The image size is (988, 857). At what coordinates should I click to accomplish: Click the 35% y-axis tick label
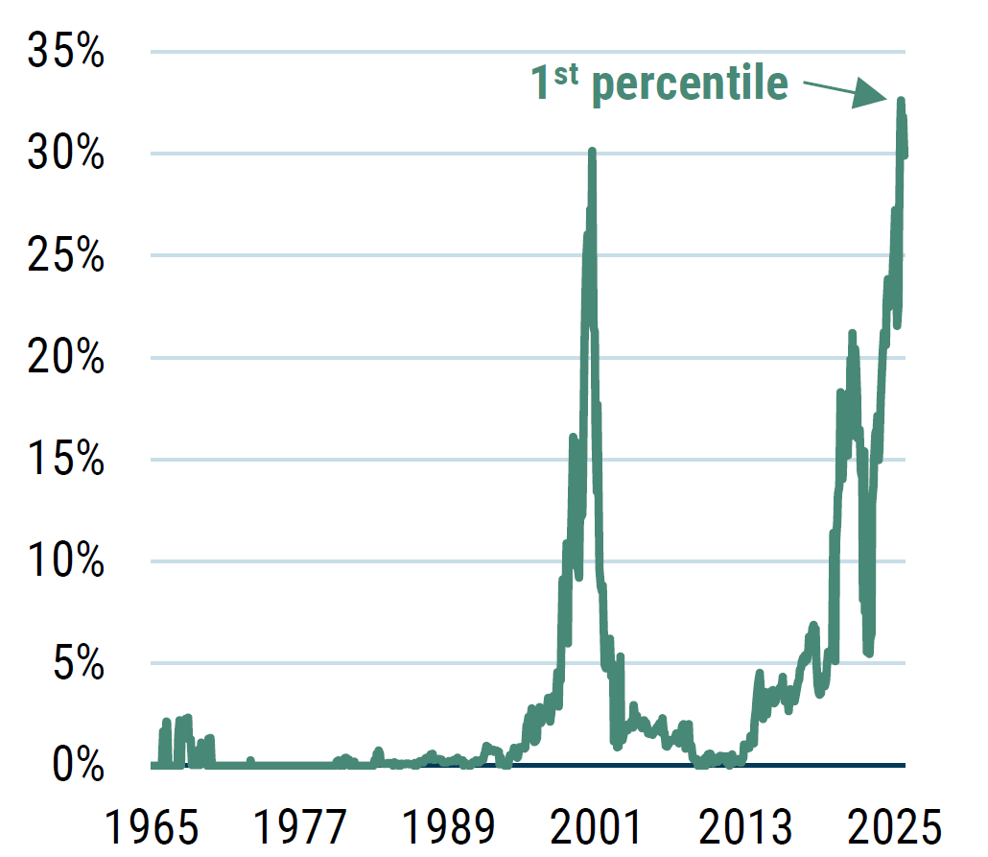pyautogui.click(x=65, y=52)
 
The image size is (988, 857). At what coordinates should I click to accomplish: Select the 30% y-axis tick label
pyautogui.click(x=65, y=154)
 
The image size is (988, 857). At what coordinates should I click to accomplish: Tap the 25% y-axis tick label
pyautogui.click(x=65, y=256)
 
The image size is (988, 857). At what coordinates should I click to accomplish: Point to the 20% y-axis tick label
pyautogui.click(x=65, y=358)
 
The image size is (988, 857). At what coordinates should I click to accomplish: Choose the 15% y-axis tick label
pyautogui.click(x=65, y=460)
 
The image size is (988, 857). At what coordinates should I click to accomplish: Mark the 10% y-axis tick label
pyautogui.click(x=65, y=561)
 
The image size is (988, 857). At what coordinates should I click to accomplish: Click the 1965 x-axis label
pyautogui.click(x=153, y=824)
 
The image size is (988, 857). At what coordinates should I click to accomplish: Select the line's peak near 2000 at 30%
pyautogui.click(x=592, y=153)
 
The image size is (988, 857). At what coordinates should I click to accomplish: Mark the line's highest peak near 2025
pyautogui.click(x=901, y=101)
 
